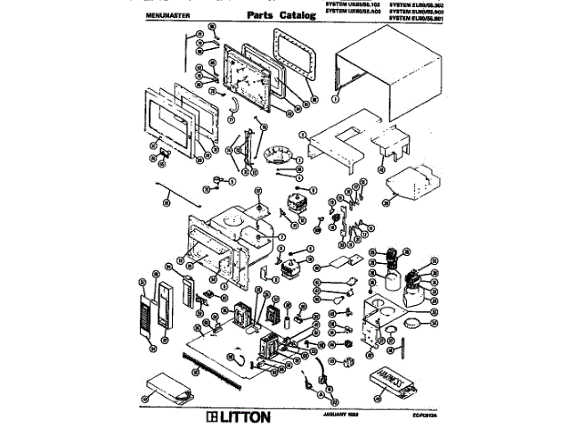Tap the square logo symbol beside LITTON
211,416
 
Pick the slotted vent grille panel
147,308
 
